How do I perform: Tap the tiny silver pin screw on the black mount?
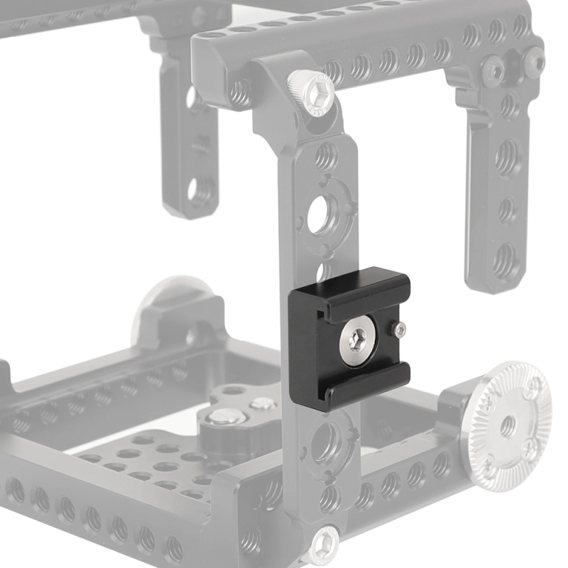pos(400,329)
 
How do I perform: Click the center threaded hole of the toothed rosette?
pos(508,426)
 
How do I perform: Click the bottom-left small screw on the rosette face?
pos(487,465)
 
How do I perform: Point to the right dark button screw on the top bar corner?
pos(534,63)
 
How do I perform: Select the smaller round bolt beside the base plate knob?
pos(263,404)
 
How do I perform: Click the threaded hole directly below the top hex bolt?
pos(326,155)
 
